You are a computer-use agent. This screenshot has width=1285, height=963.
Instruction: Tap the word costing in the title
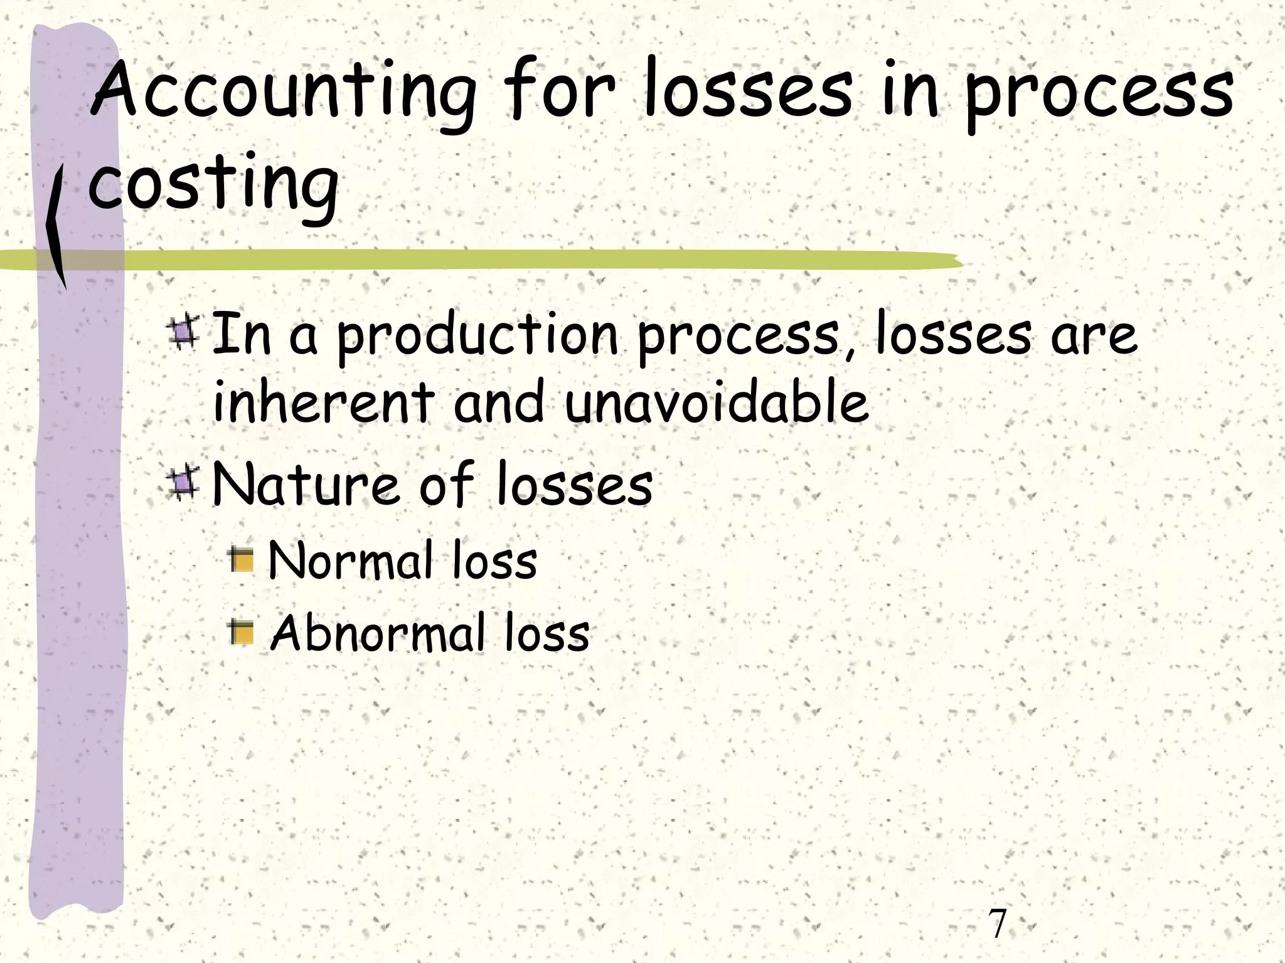pos(213,185)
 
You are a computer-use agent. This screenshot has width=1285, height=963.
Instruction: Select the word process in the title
pos(1098,94)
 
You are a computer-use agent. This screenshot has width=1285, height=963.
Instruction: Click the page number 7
pos(997,923)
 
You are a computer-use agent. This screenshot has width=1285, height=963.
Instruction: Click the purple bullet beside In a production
pos(183,332)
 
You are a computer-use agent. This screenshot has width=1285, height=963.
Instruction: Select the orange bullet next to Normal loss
pos(242,559)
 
